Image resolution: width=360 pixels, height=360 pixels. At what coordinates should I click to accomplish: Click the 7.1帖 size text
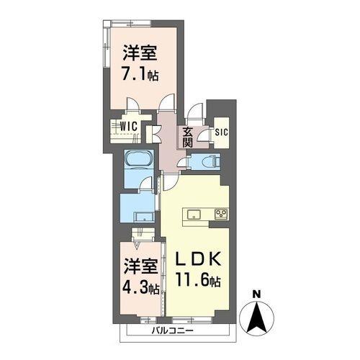(140, 73)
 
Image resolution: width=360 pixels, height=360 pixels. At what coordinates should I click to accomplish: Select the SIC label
(221, 132)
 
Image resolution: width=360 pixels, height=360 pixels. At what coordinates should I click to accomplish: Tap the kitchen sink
(194, 213)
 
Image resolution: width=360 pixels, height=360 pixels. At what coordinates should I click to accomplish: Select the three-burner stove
(220, 213)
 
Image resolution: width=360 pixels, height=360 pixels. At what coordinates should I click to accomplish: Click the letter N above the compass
(256, 293)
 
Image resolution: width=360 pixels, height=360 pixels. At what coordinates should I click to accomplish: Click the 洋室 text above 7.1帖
(140, 53)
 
